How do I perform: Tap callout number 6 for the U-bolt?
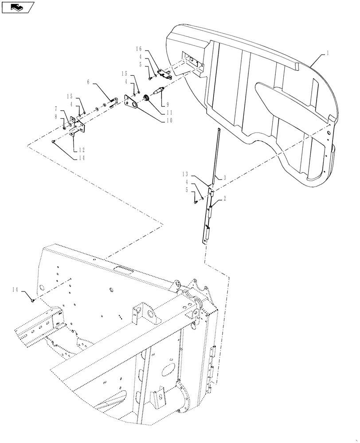click(x=88, y=82)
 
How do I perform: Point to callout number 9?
click(x=167, y=105)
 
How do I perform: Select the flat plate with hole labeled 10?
click(x=132, y=102)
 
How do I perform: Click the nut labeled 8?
click(x=64, y=128)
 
